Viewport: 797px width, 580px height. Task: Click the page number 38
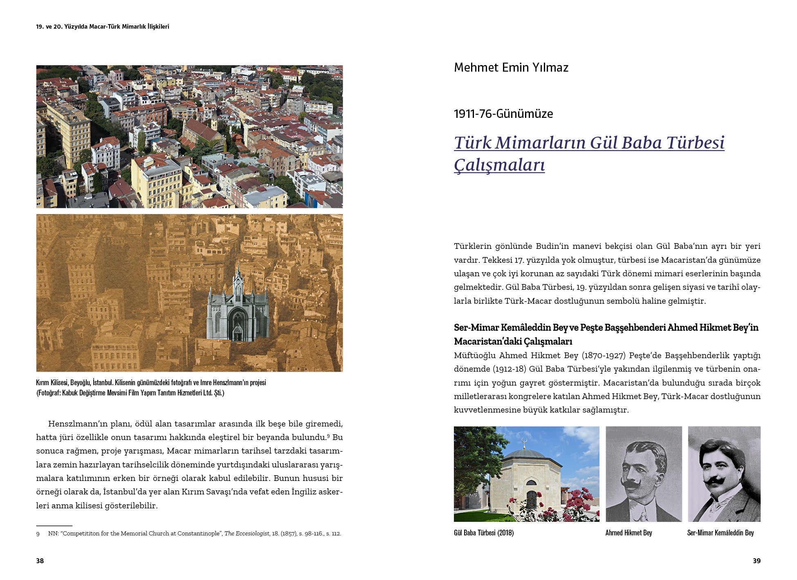click(40, 561)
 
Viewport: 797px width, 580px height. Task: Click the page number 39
click(757, 561)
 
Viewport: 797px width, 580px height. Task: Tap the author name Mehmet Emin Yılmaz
click(511, 68)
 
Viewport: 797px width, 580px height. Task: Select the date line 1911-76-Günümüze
click(503, 114)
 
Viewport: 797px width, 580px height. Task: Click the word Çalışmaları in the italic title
click(499, 165)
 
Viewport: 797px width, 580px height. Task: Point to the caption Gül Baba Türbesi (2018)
click(483, 533)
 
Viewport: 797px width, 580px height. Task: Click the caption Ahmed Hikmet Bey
click(629, 533)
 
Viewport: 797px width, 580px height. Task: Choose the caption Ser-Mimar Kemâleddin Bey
click(720, 533)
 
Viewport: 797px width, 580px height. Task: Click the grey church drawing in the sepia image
click(238, 307)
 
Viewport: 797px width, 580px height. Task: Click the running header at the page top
click(102, 27)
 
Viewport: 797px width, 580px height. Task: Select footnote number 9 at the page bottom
click(38, 534)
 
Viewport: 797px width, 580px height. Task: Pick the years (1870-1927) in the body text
click(603, 355)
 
